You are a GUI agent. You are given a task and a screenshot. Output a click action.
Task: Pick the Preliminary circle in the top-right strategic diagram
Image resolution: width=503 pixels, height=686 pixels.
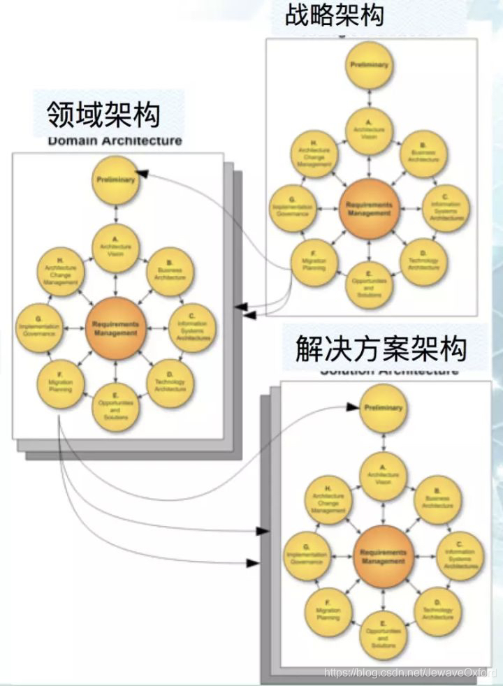(369, 65)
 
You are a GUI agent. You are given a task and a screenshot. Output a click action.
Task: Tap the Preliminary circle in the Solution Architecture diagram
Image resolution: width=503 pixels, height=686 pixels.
(382, 408)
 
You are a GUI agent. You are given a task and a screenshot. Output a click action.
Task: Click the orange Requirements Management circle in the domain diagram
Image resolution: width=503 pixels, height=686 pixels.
(115, 329)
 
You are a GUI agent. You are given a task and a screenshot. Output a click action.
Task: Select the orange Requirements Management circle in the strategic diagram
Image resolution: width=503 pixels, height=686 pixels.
(370, 210)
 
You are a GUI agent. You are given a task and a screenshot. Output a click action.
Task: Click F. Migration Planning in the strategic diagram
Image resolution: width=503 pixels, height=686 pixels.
(313, 263)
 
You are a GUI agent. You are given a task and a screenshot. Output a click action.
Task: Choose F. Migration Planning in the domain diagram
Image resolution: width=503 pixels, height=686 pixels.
(61, 383)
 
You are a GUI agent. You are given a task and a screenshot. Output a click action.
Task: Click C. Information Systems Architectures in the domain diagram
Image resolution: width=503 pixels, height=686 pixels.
(194, 329)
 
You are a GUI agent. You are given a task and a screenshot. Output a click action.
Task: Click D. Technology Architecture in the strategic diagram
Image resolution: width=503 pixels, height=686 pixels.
(424, 263)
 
